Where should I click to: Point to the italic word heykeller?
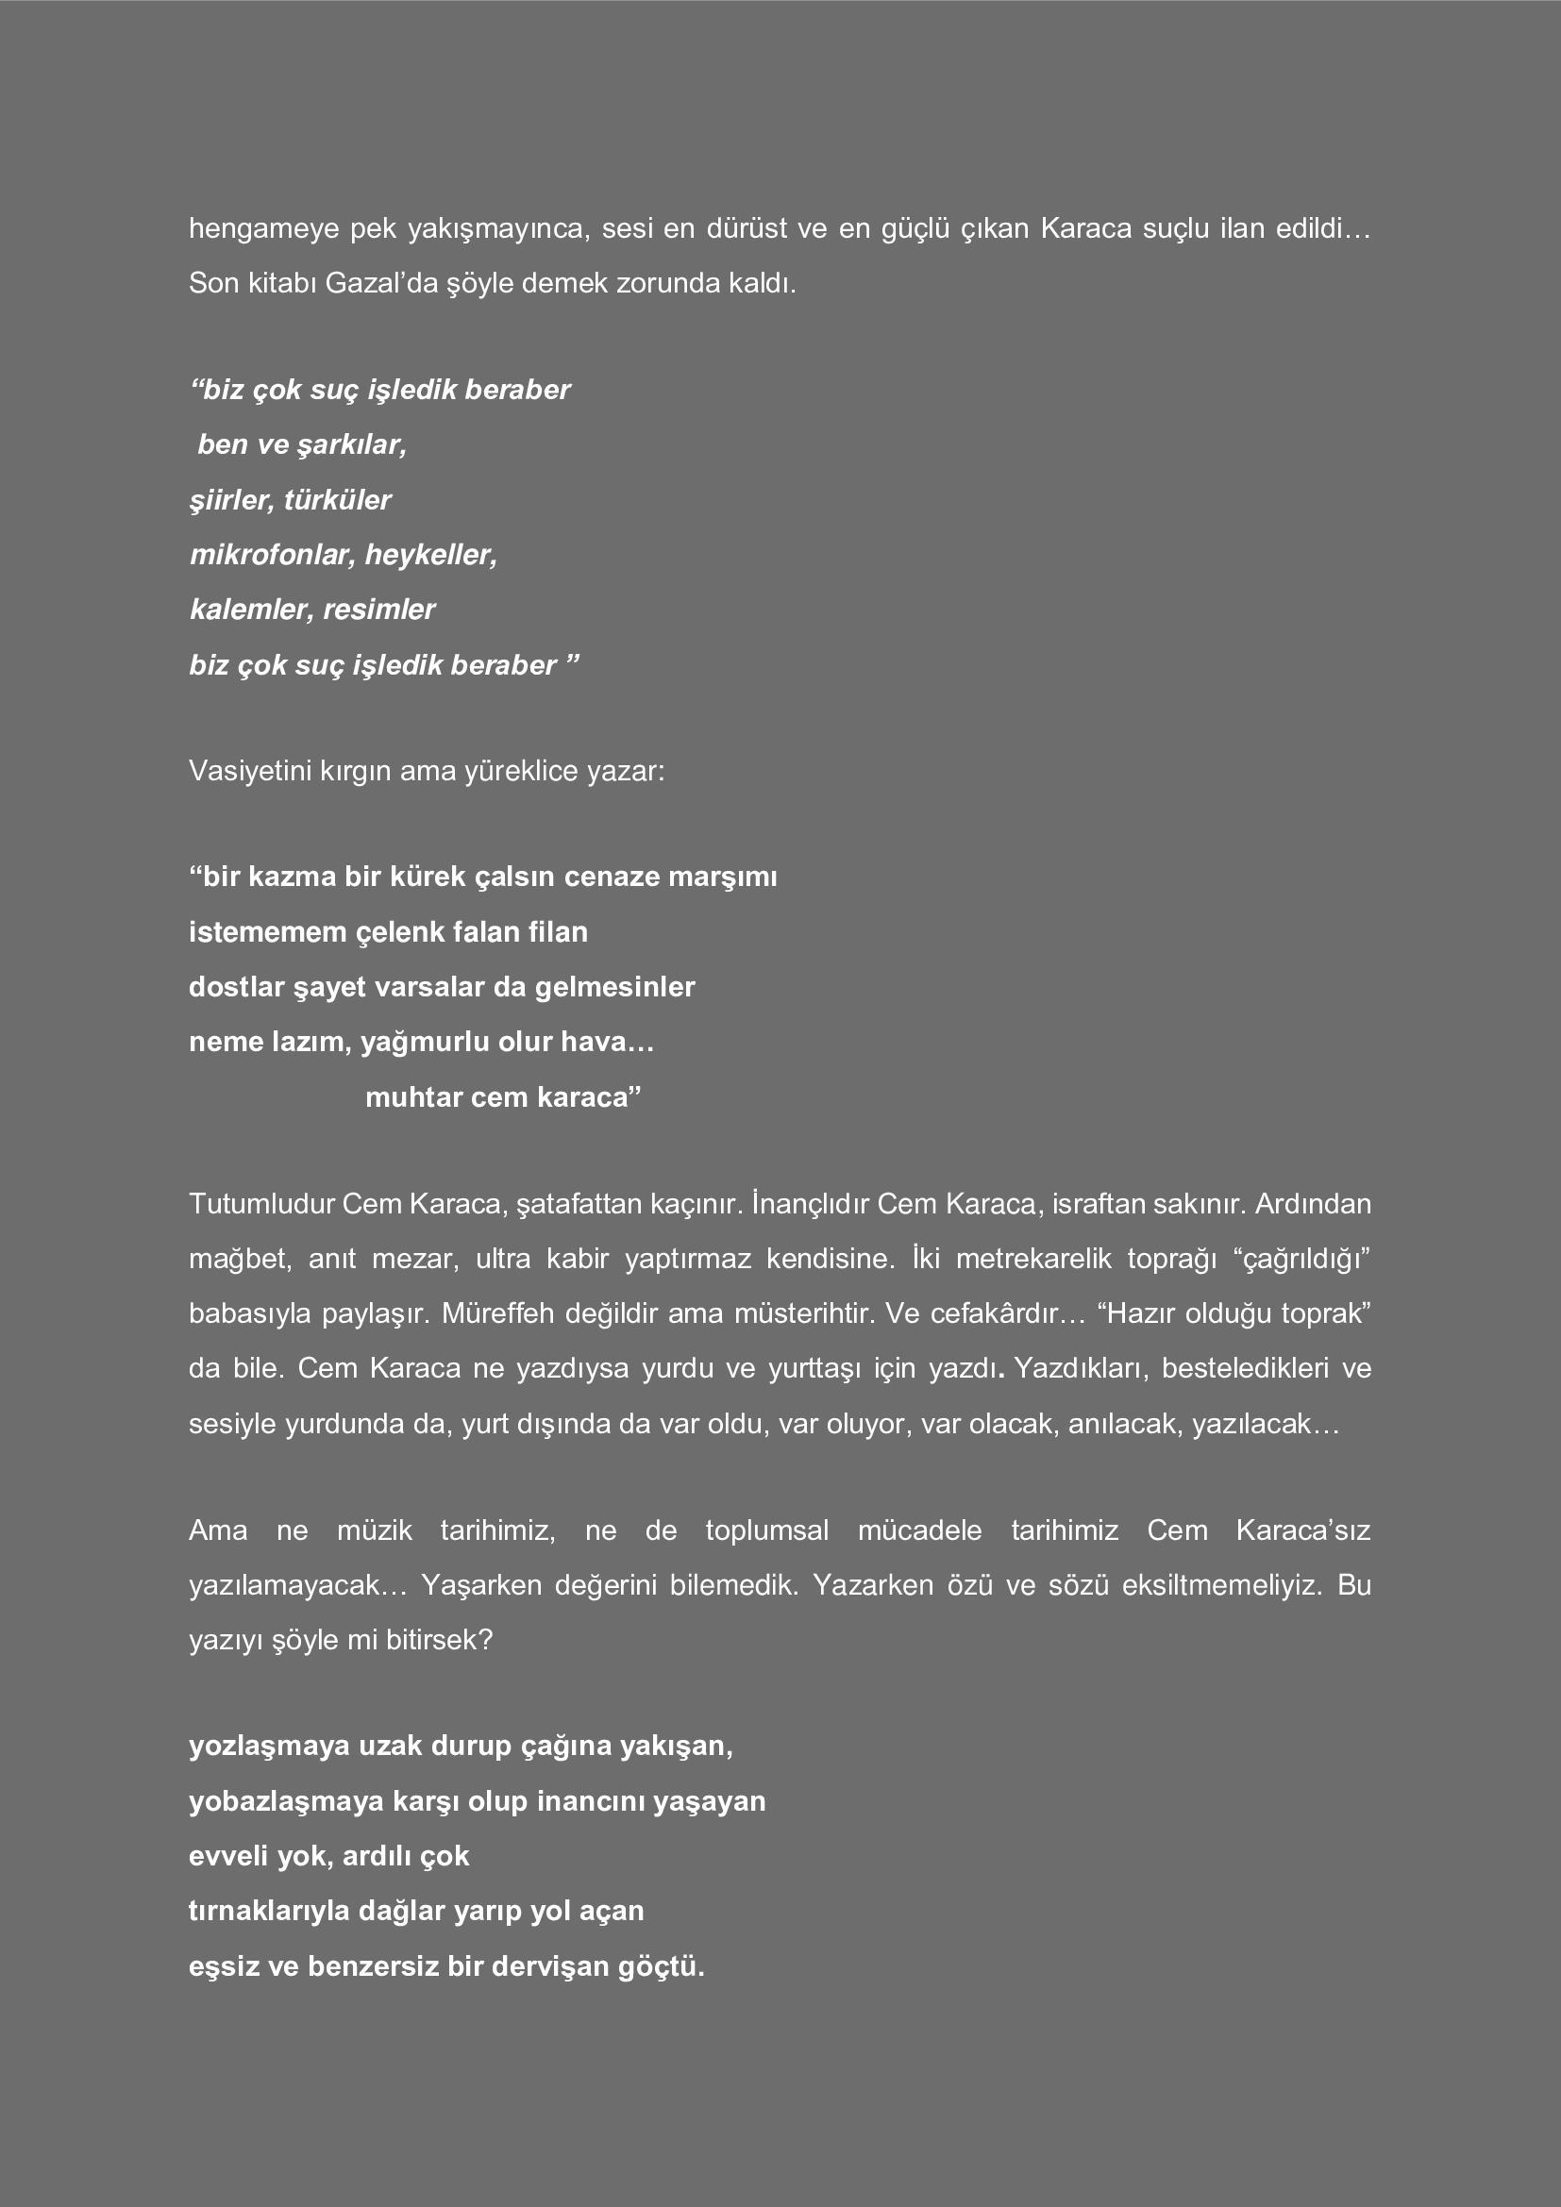(x=430, y=555)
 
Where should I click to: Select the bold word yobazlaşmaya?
(x=287, y=1801)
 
